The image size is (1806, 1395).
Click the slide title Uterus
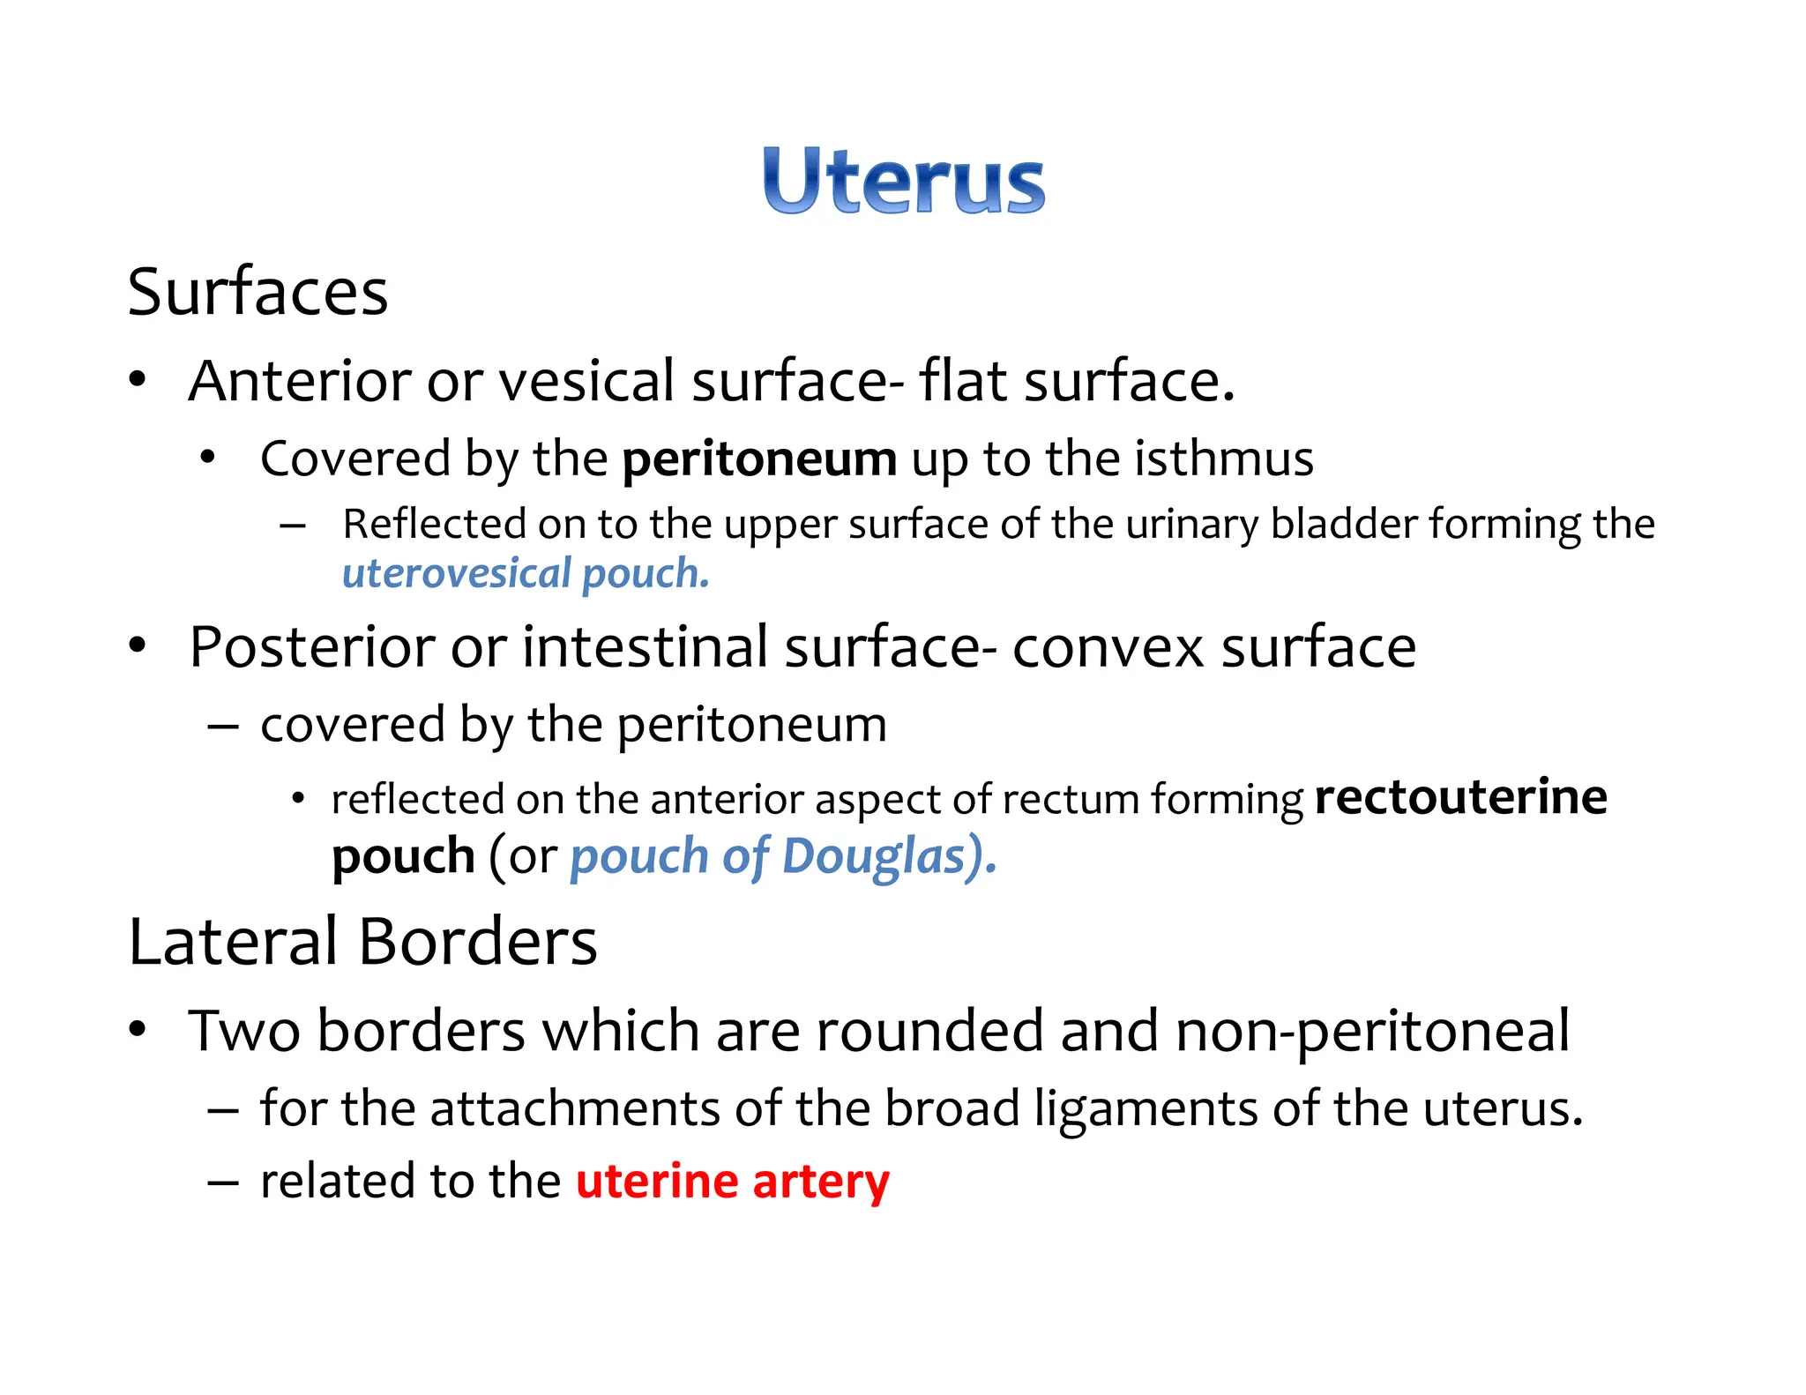point(904,182)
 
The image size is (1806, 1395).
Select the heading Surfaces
point(257,293)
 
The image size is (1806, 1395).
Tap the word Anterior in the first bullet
point(300,381)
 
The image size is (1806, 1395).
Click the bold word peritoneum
point(759,459)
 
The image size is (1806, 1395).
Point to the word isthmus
point(1223,459)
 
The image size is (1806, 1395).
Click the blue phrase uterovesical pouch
point(526,574)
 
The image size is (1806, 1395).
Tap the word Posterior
point(311,647)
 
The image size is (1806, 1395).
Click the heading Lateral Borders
point(362,942)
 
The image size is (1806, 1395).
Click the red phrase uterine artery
point(733,1182)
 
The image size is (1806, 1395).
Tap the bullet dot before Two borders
point(137,1029)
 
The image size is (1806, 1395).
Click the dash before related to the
point(223,1183)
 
